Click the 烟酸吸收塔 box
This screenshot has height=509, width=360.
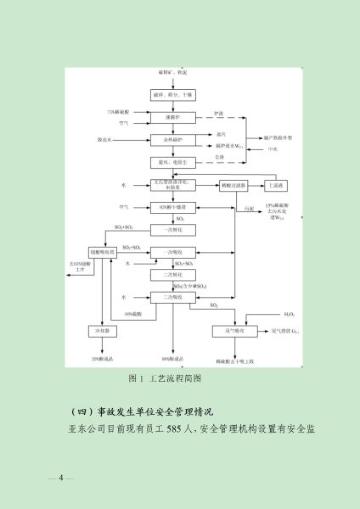click(104, 252)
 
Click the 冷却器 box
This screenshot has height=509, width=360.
click(104, 330)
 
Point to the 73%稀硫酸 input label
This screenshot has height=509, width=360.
click(119, 112)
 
